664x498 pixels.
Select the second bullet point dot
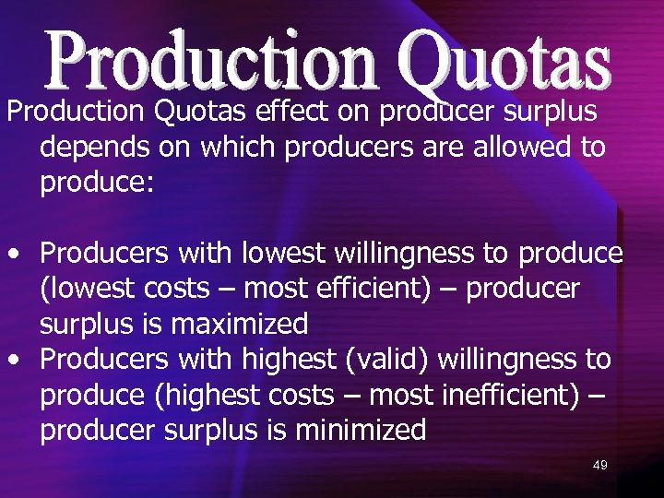(14, 360)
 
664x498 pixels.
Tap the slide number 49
(599, 466)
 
